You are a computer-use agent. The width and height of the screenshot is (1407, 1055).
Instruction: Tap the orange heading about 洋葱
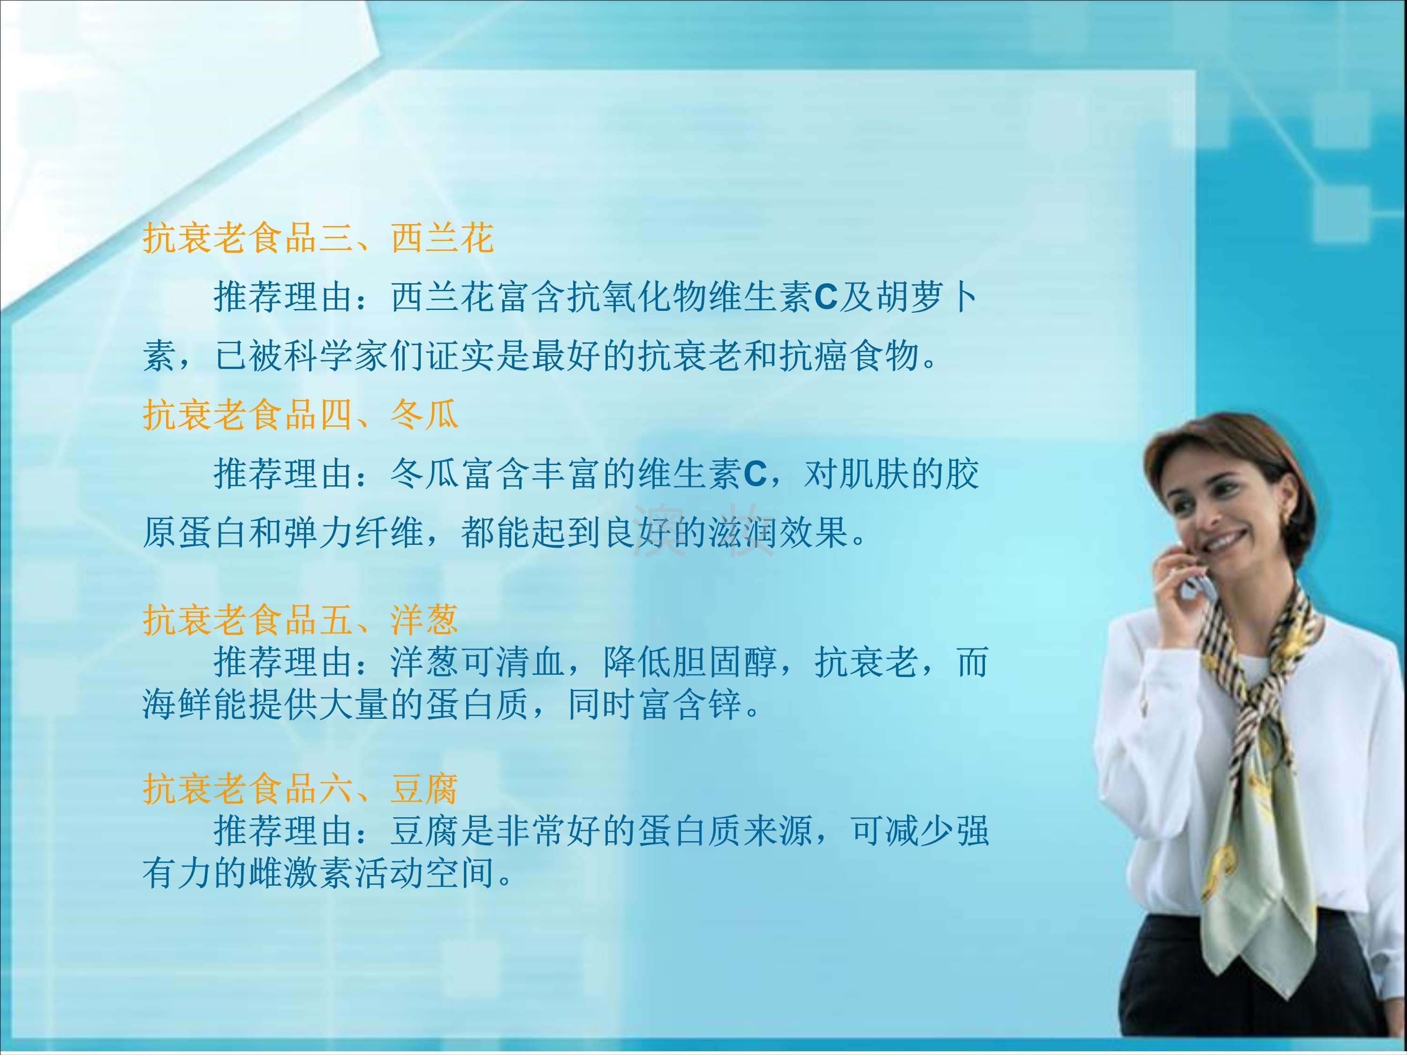[x=300, y=619]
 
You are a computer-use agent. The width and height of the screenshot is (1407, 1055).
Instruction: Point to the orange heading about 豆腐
[x=300, y=789]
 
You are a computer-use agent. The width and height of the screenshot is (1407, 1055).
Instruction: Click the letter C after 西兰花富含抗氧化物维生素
[x=825, y=297]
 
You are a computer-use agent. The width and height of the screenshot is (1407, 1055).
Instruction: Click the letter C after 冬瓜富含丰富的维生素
[x=755, y=475]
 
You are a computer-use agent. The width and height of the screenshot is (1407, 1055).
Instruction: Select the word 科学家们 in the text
[x=356, y=355]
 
